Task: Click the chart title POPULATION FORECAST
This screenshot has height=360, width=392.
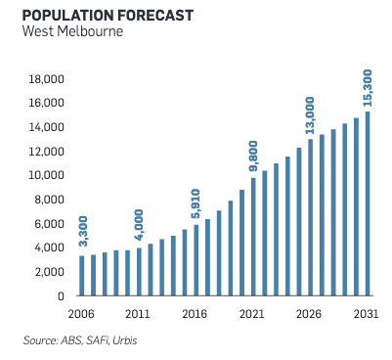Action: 108,16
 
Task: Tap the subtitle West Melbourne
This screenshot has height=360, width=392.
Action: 72,31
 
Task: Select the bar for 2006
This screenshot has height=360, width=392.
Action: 82,276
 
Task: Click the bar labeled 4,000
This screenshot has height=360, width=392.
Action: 139,272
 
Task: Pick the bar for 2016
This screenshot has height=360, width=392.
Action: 196,260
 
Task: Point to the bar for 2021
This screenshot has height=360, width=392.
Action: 253,237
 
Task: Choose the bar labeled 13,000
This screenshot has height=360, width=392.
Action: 310,217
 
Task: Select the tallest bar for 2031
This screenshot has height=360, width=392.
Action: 368,203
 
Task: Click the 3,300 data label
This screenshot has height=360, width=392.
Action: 84,231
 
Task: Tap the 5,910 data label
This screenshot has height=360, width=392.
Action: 196,203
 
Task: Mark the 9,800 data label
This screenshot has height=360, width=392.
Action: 253,156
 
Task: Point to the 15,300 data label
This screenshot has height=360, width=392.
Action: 368,88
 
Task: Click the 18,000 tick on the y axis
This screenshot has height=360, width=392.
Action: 46,79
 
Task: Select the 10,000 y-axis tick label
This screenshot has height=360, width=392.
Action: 46,175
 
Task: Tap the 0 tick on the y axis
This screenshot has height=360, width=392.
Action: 61,296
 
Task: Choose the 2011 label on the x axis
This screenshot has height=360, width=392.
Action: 138,314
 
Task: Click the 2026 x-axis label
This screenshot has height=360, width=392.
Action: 309,314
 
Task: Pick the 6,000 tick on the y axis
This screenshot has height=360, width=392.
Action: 49,224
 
